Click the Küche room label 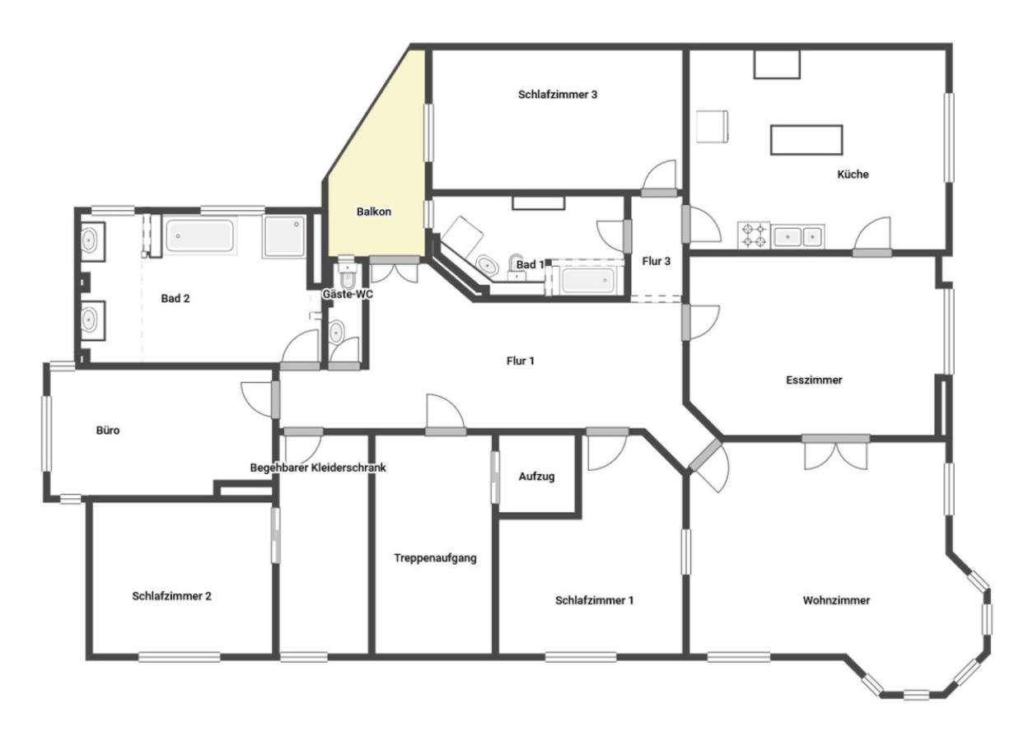pos(853,175)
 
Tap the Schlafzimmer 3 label pos(558,95)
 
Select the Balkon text pos(374,212)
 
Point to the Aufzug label pos(536,476)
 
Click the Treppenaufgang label pos(435,558)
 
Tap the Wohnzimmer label pos(836,600)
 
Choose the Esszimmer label pos(814,380)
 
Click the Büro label pos(108,430)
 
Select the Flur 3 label pos(657,261)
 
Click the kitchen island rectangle pos(806,140)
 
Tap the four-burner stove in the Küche pos(754,235)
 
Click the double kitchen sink pos(797,236)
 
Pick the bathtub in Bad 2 pos(199,235)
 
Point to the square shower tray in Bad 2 pos(283,236)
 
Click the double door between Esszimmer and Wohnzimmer pos(835,453)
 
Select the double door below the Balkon pos(395,270)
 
